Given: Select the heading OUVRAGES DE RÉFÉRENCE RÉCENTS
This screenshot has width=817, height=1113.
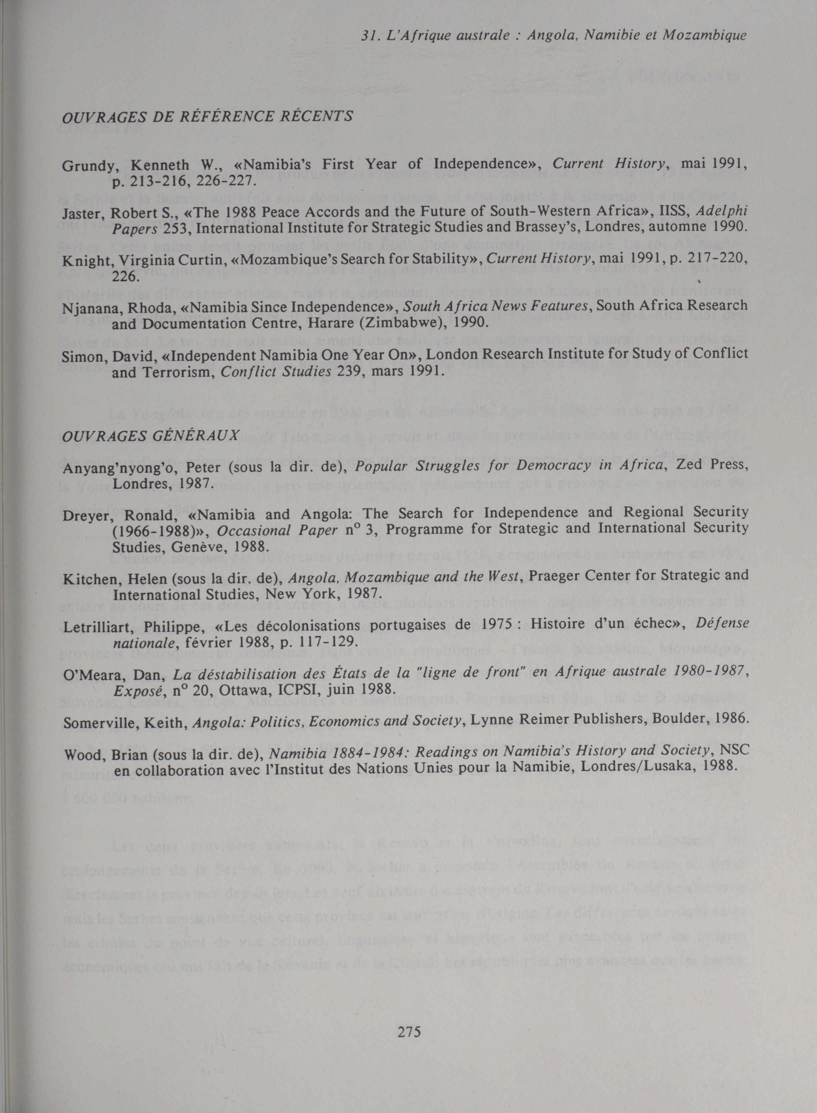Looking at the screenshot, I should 207,116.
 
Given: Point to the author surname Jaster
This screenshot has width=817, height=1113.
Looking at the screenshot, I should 81,212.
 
